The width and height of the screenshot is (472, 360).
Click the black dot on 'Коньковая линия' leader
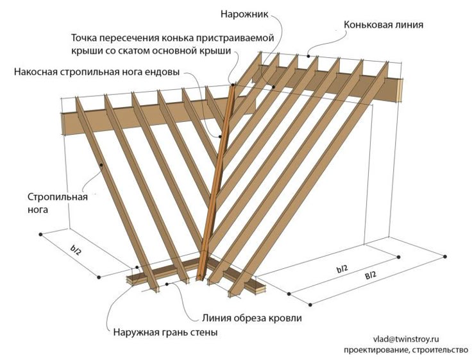[x=309, y=56]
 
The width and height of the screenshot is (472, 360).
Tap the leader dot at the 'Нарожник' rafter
[x=274, y=86]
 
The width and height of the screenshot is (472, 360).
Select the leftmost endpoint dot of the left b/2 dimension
[x=41, y=235]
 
